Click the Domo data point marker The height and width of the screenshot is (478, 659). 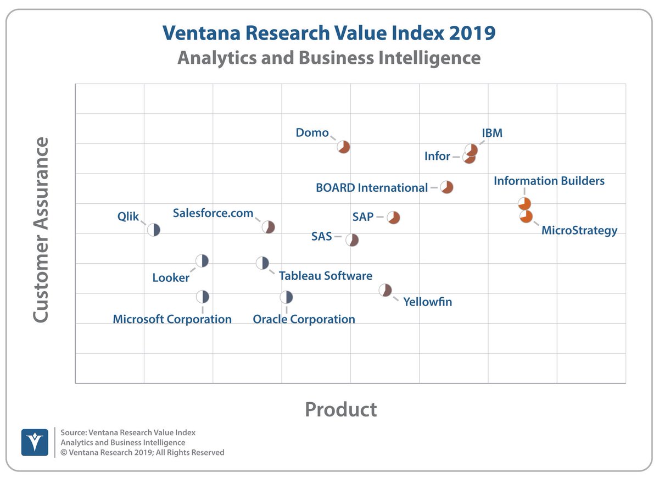pyautogui.click(x=344, y=147)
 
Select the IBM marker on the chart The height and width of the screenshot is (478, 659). pyautogui.click(x=471, y=149)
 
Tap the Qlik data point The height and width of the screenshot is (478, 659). pyautogui.click(x=154, y=230)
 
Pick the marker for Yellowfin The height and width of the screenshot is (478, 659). pyautogui.click(x=386, y=290)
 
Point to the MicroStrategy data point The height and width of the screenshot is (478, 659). pyautogui.click(x=526, y=216)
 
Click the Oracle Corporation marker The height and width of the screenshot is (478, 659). pyautogui.click(x=286, y=297)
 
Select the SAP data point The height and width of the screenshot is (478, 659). pyautogui.click(x=393, y=218)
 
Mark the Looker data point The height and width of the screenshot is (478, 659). pyautogui.click(x=202, y=261)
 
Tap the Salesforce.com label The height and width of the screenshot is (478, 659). pyautogui.click(x=213, y=213)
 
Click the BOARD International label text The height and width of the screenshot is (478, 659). pyautogui.click(x=371, y=188)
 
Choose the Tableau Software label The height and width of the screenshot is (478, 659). pyautogui.click(x=325, y=276)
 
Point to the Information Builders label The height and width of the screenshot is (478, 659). pyautogui.click(x=549, y=181)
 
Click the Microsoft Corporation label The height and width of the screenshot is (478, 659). pyautogui.click(x=172, y=319)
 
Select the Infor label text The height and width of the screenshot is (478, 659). pyautogui.click(x=437, y=157)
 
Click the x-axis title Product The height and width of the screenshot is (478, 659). pyautogui.click(x=340, y=409)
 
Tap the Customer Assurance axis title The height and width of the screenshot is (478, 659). pyautogui.click(x=42, y=231)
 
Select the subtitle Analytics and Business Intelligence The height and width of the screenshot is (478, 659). pyautogui.click(x=328, y=58)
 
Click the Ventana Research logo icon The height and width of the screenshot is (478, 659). pyautogui.click(x=35, y=442)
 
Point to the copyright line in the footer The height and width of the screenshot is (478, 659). pyautogui.click(x=142, y=452)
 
